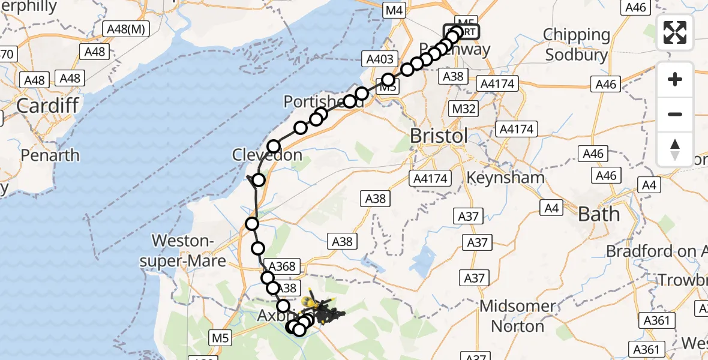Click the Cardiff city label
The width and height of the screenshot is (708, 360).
(x=47, y=106)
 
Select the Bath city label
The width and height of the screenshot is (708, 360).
(x=599, y=214)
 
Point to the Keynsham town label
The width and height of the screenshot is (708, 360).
(x=505, y=178)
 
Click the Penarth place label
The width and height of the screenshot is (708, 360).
(x=50, y=155)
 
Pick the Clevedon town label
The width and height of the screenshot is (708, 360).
(x=267, y=155)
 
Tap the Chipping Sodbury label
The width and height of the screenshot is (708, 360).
(x=577, y=45)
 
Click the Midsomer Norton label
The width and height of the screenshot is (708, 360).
(x=518, y=316)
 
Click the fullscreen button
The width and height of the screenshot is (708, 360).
(x=675, y=32)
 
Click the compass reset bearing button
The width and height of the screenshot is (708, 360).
(x=675, y=149)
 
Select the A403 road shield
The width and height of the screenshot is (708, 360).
(x=379, y=59)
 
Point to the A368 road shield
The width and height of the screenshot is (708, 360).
(x=282, y=266)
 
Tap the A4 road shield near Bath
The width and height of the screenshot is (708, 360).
(x=551, y=208)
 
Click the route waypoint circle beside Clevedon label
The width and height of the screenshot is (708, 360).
(x=274, y=146)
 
